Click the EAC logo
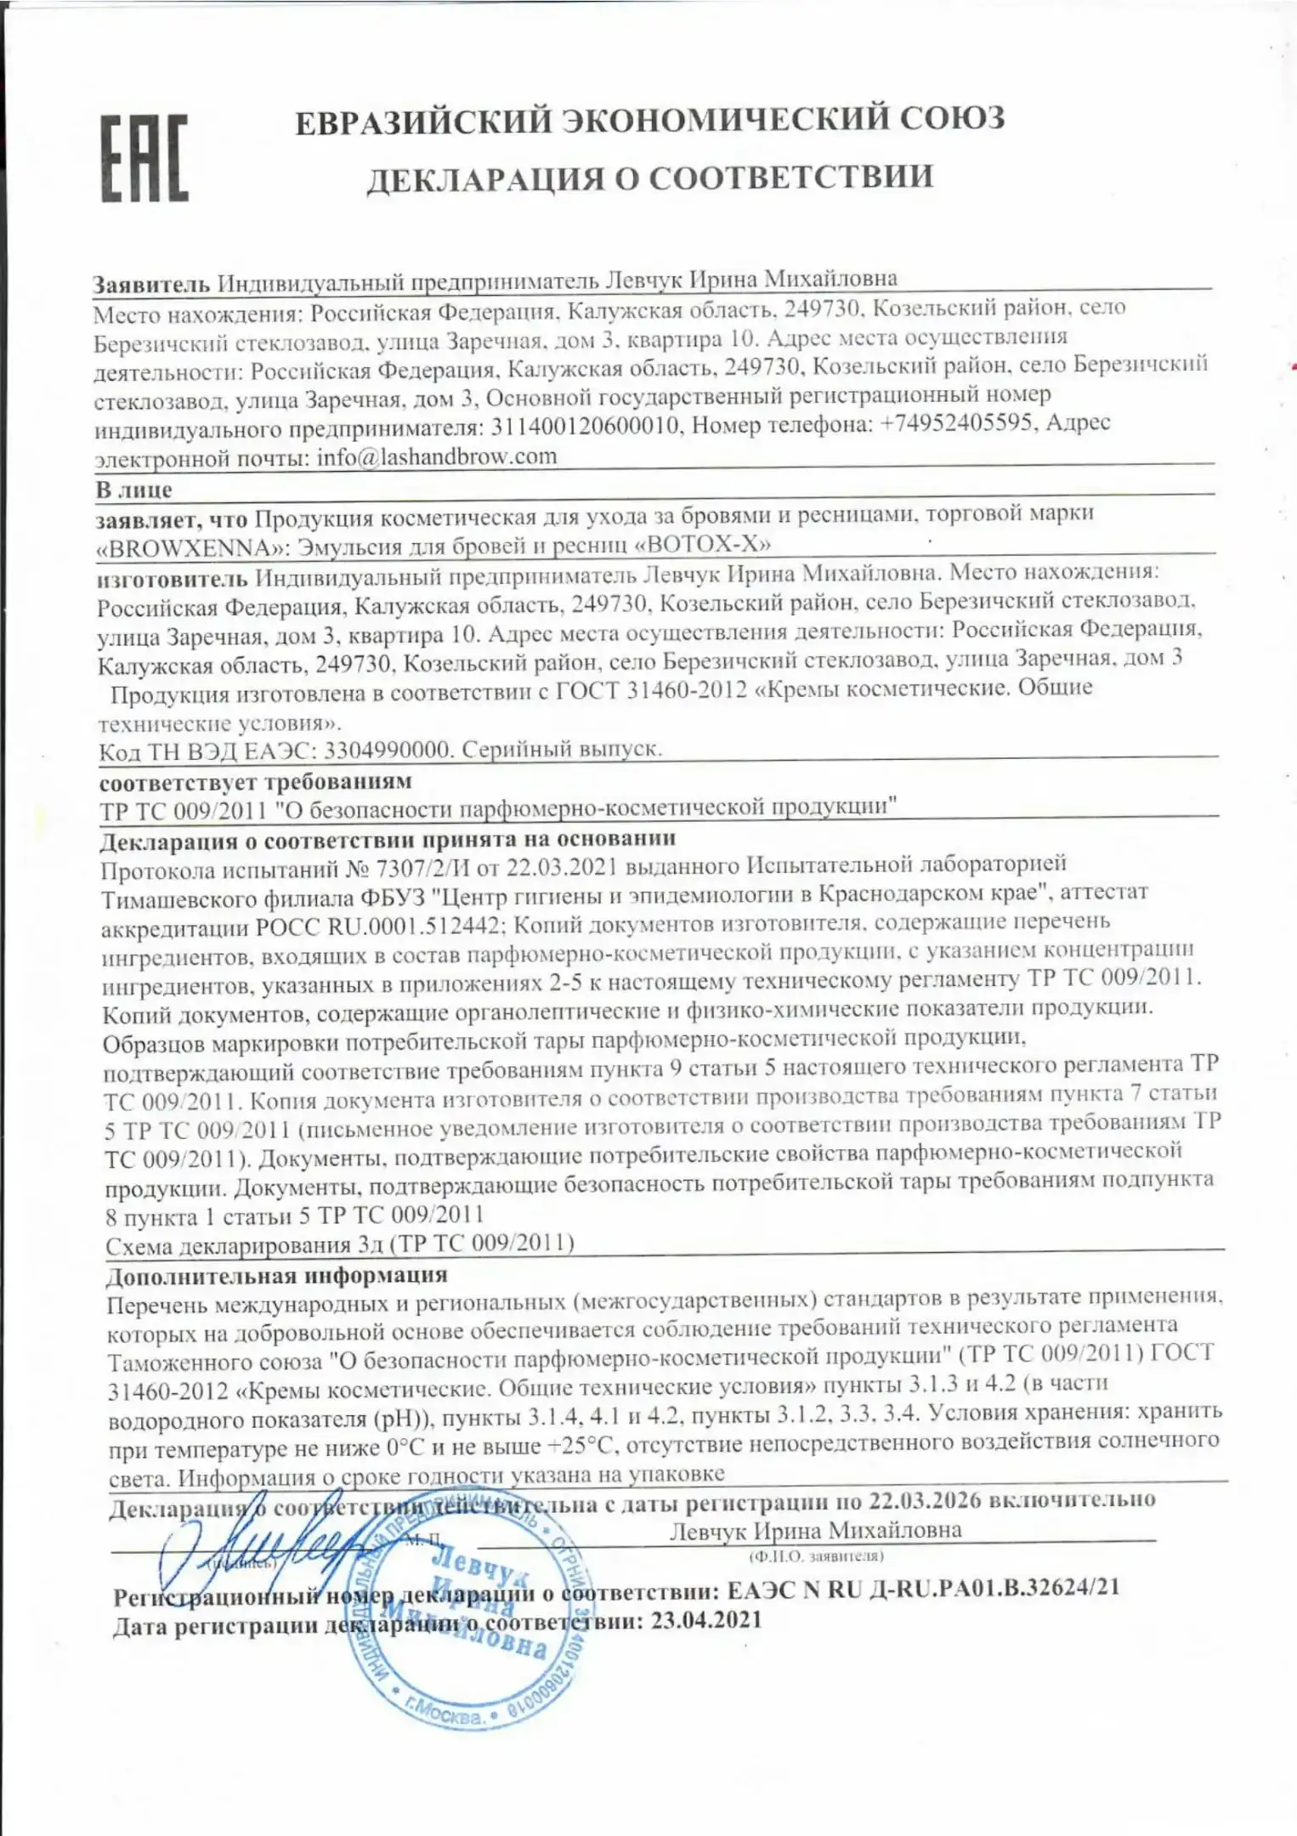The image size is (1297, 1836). [144, 159]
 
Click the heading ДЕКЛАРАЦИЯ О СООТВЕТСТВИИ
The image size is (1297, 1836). [650, 178]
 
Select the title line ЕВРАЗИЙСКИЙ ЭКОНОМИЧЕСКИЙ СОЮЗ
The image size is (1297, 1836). [650, 120]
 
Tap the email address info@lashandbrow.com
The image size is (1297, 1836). [437, 456]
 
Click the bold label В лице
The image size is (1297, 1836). [134, 490]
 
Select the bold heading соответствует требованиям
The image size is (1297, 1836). [256, 781]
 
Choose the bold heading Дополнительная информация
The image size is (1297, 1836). [276, 1275]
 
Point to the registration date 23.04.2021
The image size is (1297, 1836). [706, 1620]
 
